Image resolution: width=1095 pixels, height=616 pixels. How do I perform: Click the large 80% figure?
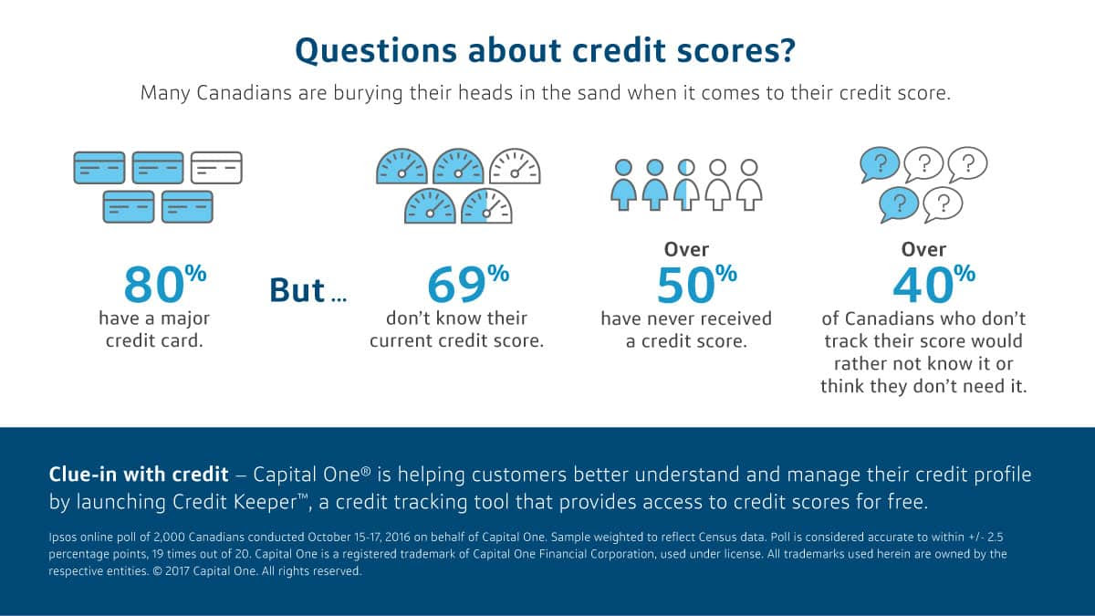click(x=165, y=284)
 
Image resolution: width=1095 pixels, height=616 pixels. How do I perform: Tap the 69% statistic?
click(x=468, y=284)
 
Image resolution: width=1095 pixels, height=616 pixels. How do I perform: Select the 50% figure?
click(x=696, y=284)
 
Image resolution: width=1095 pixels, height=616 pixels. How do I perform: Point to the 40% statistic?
click(x=934, y=284)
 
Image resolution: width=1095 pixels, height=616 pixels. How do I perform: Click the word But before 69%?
click(x=297, y=290)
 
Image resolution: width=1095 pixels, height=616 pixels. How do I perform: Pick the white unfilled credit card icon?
click(x=216, y=168)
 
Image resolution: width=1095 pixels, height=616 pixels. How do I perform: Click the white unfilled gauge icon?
click(x=515, y=166)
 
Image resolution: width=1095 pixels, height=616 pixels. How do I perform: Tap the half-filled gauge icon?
click(x=486, y=206)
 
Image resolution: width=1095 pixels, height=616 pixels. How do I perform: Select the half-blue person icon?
click(x=686, y=184)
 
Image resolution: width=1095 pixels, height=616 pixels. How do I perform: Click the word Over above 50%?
click(x=686, y=250)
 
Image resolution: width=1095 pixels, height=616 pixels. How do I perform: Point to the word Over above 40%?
click(x=923, y=250)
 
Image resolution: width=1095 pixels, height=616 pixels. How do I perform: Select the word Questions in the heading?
click(x=376, y=50)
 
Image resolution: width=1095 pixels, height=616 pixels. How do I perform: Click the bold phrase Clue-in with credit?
click(x=139, y=475)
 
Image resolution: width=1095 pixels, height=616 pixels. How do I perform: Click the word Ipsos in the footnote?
click(x=63, y=538)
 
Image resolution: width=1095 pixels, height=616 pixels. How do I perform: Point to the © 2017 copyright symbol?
click(x=157, y=571)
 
